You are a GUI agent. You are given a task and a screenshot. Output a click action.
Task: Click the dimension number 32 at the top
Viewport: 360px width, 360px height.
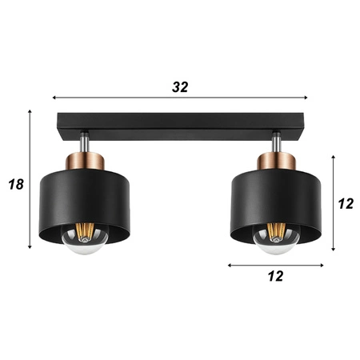180,87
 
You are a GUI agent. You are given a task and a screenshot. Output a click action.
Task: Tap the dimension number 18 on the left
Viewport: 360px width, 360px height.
15,184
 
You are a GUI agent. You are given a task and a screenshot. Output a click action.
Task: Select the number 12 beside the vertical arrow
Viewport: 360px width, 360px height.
345,203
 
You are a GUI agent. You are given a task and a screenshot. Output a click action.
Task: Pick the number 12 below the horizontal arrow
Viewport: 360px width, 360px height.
274,276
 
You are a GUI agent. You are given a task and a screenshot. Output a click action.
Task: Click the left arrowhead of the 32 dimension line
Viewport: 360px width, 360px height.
55,98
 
